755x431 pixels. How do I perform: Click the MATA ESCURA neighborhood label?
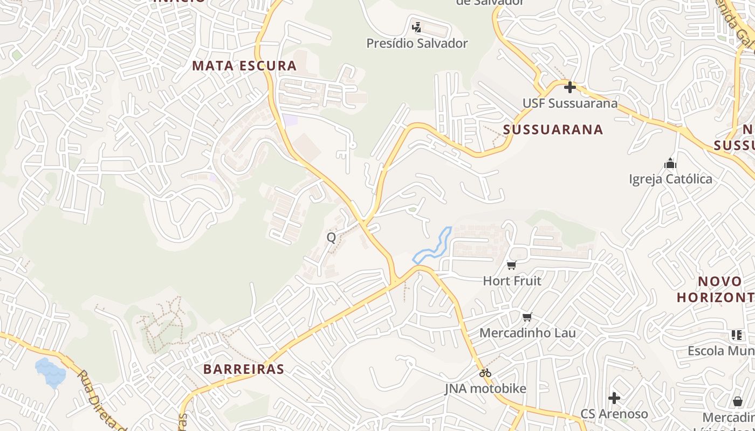click(244, 66)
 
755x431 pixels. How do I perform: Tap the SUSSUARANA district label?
click(553, 129)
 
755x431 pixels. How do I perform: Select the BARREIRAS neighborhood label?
click(243, 370)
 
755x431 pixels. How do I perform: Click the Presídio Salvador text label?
click(417, 43)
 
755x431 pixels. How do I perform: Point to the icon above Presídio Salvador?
click(416, 27)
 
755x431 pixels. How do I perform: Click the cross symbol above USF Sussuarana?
click(569, 87)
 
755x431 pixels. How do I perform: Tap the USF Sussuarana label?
click(569, 103)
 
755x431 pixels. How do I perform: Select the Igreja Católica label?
click(670, 179)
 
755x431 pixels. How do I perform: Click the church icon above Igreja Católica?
click(670, 163)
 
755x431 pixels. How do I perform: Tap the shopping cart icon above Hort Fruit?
click(512, 265)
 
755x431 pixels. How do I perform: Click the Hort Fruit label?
click(512, 281)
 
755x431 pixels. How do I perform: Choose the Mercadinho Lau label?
click(527, 333)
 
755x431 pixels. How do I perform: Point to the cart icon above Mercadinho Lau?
click(527, 317)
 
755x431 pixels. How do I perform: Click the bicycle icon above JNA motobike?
click(485, 372)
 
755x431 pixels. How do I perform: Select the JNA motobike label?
click(485, 388)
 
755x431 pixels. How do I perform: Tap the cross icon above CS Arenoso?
click(614, 398)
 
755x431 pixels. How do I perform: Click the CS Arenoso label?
click(614, 414)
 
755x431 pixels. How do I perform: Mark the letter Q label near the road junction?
click(331, 238)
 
